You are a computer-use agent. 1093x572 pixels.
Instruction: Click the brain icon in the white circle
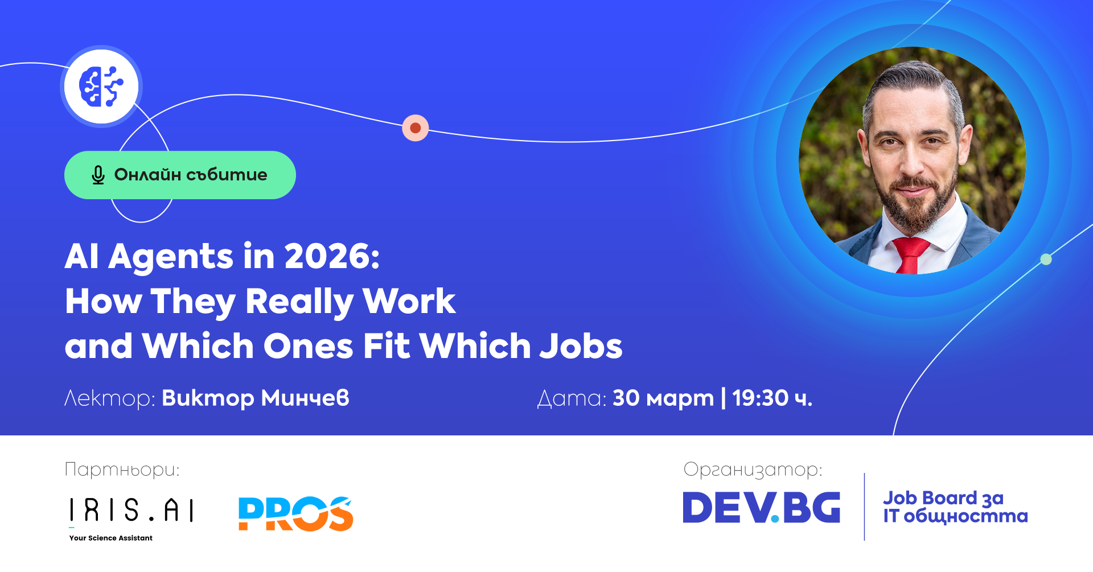click(101, 87)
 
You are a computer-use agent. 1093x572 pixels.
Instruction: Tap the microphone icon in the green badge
click(98, 175)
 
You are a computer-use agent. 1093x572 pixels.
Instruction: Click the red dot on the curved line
click(416, 128)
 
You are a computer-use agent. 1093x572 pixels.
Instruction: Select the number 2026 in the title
click(332, 256)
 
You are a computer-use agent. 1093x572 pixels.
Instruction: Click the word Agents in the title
click(171, 257)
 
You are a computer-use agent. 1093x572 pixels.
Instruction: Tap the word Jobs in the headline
click(581, 346)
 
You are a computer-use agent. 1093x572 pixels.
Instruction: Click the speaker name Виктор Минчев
click(256, 398)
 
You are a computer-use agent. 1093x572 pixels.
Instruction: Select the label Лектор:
click(109, 398)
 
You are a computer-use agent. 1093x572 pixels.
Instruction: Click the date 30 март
click(663, 398)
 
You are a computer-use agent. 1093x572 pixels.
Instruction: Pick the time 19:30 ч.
click(772, 398)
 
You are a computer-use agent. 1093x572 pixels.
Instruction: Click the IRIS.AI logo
click(132, 510)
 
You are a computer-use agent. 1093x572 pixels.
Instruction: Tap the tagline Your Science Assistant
click(111, 538)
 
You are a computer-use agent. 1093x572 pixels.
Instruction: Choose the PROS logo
click(295, 513)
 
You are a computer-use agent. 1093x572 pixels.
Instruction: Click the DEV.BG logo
click(761, 507)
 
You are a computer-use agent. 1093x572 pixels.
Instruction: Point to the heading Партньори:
click(122, 470)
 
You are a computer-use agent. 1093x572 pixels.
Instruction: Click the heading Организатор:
click(753, 470)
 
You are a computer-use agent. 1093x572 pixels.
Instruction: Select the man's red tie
click(910, 254)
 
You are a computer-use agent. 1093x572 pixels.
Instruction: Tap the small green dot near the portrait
click(1046, 260)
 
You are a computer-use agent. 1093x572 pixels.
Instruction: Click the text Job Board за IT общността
click(955, 507)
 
